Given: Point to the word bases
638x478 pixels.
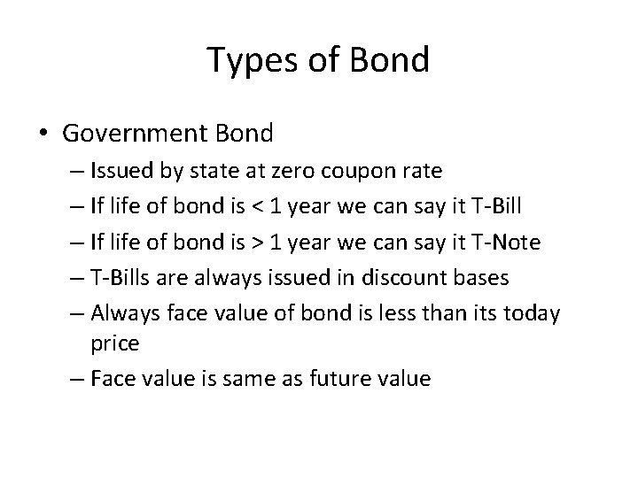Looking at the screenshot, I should click(479, 278).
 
